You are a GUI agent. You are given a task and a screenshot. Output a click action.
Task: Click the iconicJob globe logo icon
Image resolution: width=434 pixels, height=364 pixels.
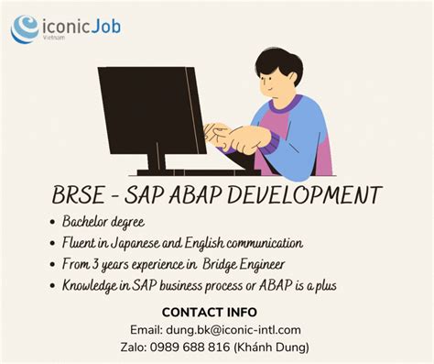coord(25,29)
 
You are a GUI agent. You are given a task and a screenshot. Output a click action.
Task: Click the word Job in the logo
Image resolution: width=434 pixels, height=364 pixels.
coord(103,26)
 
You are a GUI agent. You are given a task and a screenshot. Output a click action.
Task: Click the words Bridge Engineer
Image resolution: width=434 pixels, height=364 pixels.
coord(266,264)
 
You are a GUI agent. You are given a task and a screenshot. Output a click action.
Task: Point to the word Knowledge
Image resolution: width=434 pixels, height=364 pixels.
coord(93,285)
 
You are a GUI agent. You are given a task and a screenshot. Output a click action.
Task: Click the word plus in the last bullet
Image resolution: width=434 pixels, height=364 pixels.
coord(323,285)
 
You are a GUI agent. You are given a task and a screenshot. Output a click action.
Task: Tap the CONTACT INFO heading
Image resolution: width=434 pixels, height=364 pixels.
coord(216,312)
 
